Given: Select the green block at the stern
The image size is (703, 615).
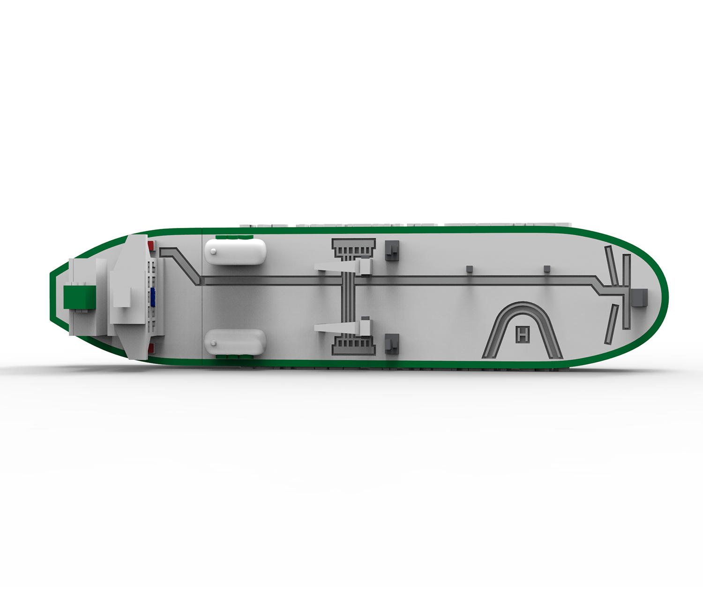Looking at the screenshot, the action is pos(79,297).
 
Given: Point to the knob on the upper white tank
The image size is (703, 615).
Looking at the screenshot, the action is pos(214,252).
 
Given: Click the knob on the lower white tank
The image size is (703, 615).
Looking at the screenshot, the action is pos(214,343).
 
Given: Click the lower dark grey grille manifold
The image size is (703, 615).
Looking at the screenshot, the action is pos(353,345).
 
